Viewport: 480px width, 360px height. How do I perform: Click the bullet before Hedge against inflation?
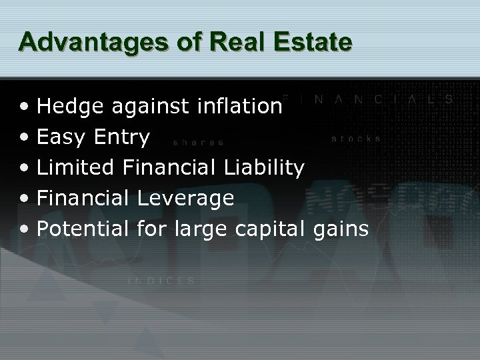click(24, 106)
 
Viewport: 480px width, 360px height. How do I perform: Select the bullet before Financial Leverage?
click(24, 199)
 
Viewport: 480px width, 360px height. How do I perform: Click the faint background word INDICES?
click(161, 281)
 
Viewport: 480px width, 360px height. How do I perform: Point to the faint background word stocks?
click(356, 139)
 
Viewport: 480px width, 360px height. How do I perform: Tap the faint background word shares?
click(198, 142)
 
